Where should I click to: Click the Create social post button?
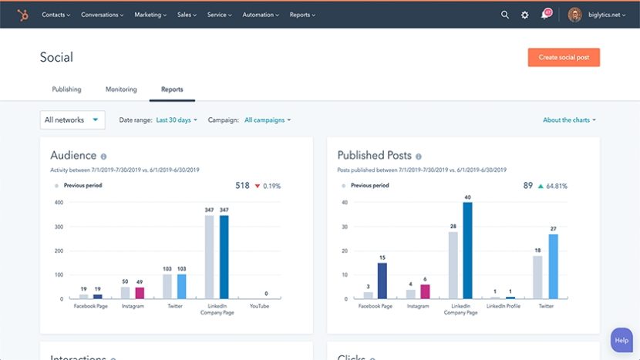coord(564,58)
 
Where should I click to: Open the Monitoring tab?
coord(121,89)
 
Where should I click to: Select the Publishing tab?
coord(66,89)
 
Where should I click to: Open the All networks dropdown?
coord(72,119)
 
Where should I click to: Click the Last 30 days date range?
coord(177,120)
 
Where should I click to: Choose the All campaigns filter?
coord(267,120)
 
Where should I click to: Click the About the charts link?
coord(569,120)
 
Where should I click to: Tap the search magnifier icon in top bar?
coord(505,15)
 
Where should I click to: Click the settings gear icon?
coord(525,15)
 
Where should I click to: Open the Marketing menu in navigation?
coord(150,15)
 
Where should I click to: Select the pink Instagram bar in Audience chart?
coord(140,293)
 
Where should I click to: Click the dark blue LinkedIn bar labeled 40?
coord(467,251)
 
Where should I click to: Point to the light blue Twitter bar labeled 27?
coord(553,267)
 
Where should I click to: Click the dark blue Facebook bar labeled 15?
coord(382,281)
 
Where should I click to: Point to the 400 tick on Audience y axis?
coord(58,203)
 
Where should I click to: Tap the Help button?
coord(621,340)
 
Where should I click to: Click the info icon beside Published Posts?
coord(419,156)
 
